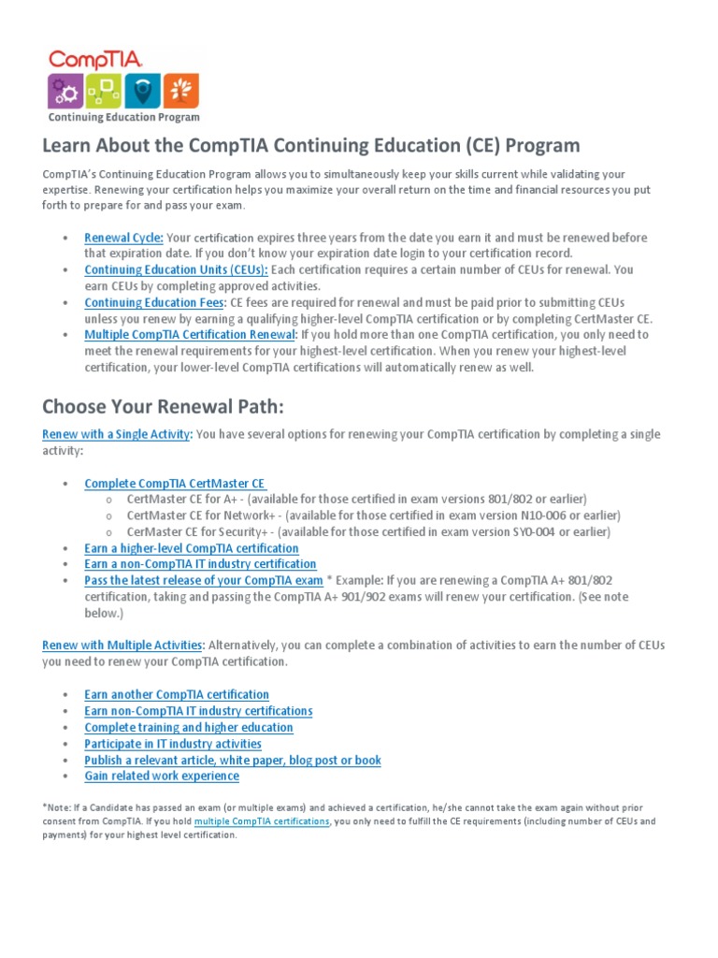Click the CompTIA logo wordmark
(x=95, y=59)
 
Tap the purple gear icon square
(x=66, y=91)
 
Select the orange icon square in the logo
(x=180, y=91)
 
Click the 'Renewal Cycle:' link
(x=123, y=238)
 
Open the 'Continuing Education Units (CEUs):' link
(x=176, y=269)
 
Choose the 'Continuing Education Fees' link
(x=154, y=302)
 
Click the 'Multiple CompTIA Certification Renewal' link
(x=191, y=334)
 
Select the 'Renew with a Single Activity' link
(x=117, y=434)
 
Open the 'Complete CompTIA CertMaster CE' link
(x=175, y=484)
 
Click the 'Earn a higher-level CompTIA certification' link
(x=192, y=548)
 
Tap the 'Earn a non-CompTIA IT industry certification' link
(x=200, y=564)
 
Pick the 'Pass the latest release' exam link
(x=204, y=580)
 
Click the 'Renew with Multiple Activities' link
(x=122, y=645)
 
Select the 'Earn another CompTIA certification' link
(x=177, y=694)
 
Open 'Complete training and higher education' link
(x=189, y=727)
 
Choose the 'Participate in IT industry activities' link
(x=173, y=744)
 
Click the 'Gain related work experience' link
(x=162, y=776)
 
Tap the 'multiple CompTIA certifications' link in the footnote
(x=262, y=821)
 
